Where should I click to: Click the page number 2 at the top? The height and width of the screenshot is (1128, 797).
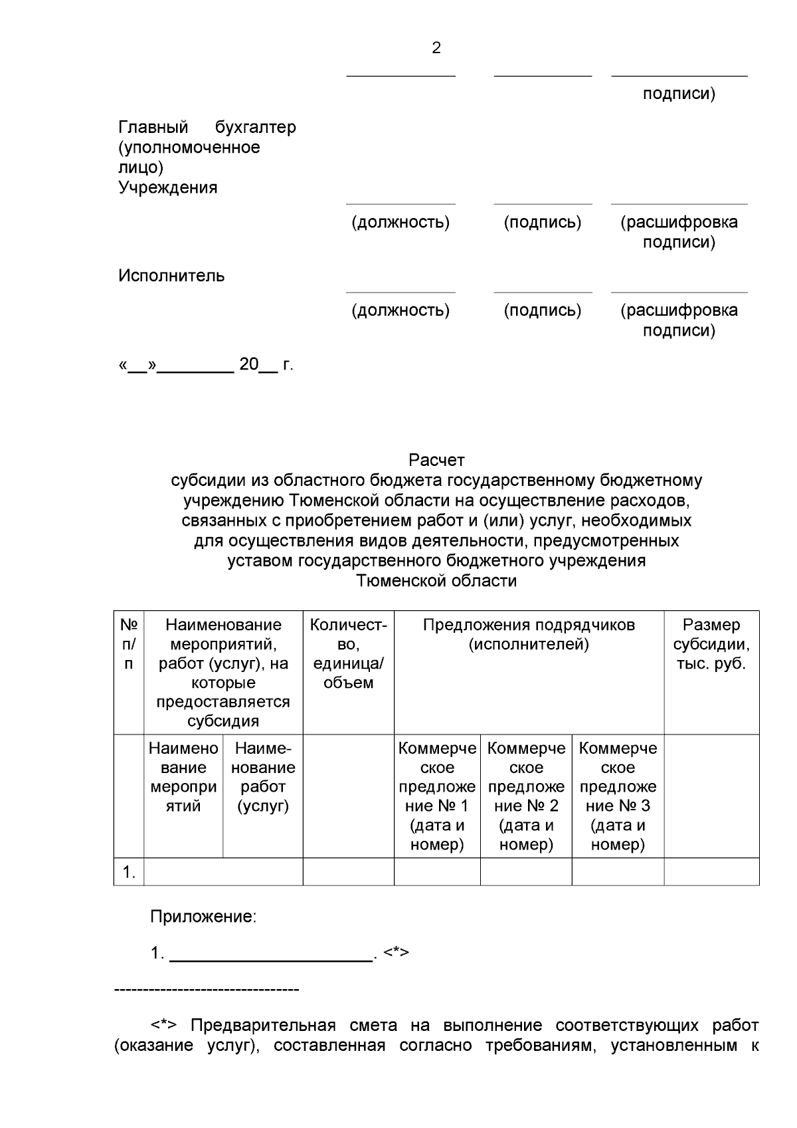pos(436,48)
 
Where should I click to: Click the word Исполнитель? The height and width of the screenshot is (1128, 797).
pos(171,276)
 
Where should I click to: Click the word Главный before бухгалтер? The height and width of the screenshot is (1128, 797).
pos(153,127)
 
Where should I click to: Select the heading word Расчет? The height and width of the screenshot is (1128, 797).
pos(436,460)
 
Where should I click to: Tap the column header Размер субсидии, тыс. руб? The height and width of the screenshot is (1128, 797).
pos(711,644)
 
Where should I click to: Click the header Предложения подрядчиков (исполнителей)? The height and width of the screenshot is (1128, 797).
pos(529,634)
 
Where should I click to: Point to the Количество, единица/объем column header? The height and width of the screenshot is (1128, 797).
pos(348,653)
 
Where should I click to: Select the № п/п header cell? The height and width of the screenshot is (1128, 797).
pos(129,644)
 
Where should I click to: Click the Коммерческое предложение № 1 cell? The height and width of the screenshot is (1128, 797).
pos(437,796)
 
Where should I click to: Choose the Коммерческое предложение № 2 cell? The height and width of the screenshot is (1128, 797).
pos(526,796)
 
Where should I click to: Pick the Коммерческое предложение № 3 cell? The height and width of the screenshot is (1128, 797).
pos(618,796)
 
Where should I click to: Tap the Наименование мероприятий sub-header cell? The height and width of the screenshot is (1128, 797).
pos(183,777)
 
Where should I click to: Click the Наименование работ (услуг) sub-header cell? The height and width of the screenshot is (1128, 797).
pos(263,777)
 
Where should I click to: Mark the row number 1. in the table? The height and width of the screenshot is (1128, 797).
pos(129,872)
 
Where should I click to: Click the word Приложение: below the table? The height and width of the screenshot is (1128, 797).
pos(203,917)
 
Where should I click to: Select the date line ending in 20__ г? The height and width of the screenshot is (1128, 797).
pos(206,364)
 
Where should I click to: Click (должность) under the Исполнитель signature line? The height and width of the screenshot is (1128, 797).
pos(400,310)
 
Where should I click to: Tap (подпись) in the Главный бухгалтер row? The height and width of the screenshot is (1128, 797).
pos(543,222)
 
